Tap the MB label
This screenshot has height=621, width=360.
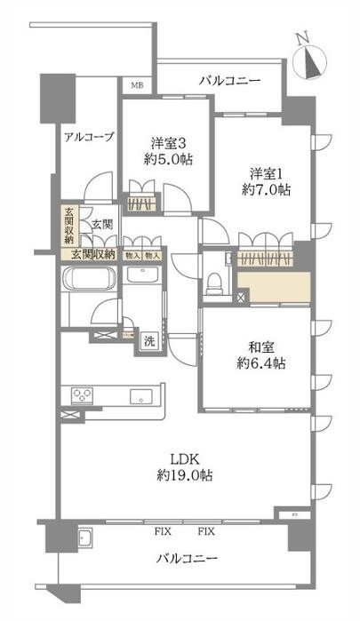[137, 85]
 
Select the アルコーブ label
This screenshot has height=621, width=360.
[88, 136]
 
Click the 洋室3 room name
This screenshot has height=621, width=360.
[166, 142]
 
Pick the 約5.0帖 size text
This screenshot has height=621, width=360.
[166, 160]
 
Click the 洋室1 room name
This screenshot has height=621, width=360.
[268, 171]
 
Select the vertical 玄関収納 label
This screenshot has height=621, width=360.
[68, 226]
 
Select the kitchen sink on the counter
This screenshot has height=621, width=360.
[140, 395]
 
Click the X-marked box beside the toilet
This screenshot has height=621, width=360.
[241, 298]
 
